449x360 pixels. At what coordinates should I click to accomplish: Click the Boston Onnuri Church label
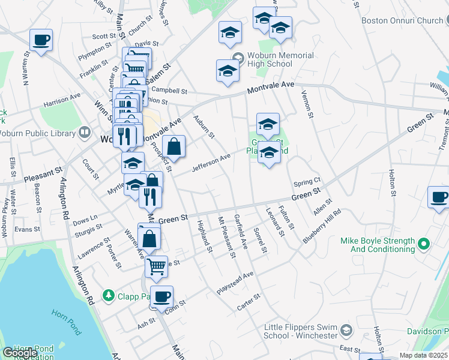coord(402,20)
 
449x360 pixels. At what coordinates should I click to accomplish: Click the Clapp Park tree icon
coord(108,295)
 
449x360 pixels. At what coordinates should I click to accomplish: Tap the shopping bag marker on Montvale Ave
coord(173,146)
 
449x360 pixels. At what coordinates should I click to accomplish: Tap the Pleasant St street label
coord(43,175)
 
